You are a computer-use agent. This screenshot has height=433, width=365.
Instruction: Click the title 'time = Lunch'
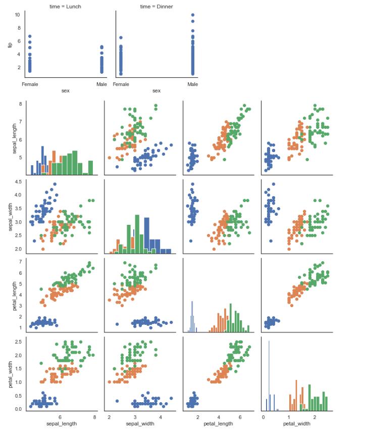(65, 7)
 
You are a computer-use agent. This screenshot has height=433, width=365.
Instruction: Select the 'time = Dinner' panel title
(157, 7)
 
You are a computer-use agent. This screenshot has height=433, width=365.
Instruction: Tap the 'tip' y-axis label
(10, 44)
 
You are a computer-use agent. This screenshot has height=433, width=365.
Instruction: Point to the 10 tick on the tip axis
(17, 15)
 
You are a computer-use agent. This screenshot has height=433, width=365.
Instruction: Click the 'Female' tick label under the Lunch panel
(30, 84)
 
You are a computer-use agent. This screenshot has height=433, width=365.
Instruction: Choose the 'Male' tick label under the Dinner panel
(193, 84)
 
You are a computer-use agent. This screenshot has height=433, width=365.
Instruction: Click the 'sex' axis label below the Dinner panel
(157, 91)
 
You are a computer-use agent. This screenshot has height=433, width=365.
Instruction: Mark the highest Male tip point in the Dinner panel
(193, 15)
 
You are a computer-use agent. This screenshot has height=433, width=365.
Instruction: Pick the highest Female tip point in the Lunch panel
(30, 36)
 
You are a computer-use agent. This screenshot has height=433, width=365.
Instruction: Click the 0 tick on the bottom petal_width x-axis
(264, 417)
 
